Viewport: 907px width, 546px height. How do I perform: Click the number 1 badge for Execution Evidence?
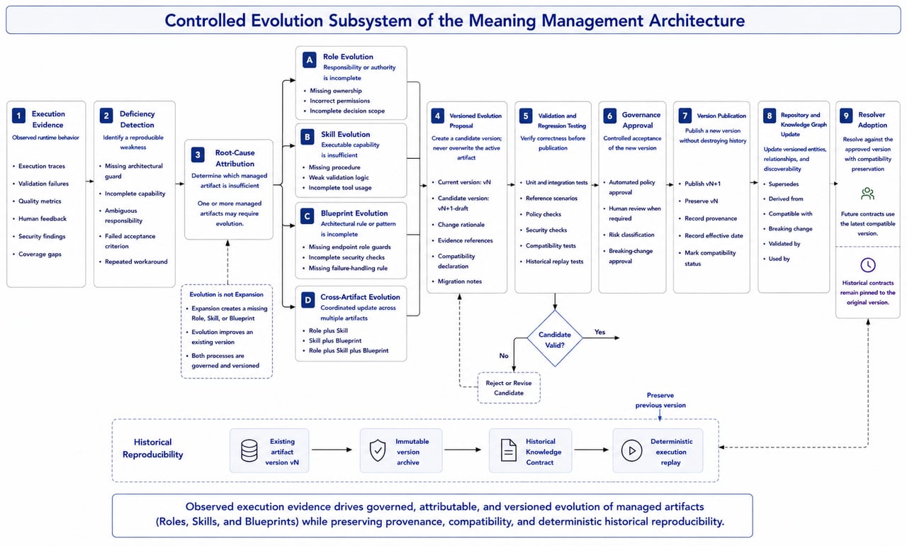click(18, 116)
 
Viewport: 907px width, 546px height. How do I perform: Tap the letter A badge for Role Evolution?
click(310, 60)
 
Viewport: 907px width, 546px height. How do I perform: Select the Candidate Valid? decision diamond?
click(555, 339)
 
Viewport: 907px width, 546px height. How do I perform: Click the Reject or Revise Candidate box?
click(509, 388)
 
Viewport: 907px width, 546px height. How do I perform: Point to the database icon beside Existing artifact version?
click(249, 450)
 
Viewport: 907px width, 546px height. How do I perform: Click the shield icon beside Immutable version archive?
click(378, 450)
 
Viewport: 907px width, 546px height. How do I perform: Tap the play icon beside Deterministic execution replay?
click(631, 450)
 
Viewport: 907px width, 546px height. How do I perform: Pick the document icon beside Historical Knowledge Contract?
click(509, 450)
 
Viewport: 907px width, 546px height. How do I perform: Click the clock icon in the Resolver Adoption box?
click(868, 265)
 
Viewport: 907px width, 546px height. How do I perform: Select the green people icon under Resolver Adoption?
click(867, 194)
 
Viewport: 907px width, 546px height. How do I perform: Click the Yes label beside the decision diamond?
click(599, 332)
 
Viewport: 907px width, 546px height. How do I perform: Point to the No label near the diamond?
click(504, 356)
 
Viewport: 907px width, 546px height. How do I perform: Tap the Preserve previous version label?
click(660, 400)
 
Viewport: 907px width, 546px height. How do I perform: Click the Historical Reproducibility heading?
click(152, 448)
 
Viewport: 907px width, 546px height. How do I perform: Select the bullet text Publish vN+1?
click(702, 184)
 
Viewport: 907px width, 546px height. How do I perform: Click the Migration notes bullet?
click(460, 281)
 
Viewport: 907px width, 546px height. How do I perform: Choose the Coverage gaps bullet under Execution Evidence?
click(40, 254)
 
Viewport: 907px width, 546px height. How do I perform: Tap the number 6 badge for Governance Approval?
click(610, 116)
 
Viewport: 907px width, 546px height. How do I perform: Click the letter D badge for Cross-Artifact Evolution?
click(308, 300)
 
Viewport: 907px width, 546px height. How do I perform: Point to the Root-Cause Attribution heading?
click(235, 158)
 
